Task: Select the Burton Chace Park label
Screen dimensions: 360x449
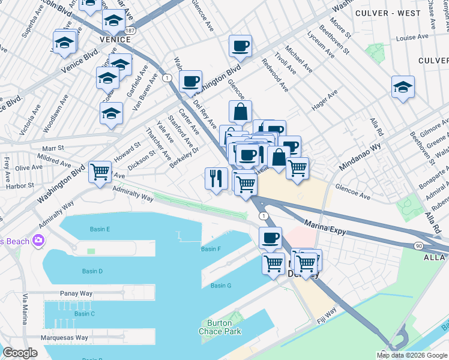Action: (219, 327)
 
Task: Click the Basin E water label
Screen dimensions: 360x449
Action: (100, 229)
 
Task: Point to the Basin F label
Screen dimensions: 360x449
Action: (211, 249)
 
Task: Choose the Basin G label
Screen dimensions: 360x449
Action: (220, 286)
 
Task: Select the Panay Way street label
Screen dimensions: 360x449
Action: (76, 293)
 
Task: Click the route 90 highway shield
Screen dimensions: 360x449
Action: (418, 246)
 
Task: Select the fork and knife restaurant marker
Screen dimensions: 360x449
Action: (215, 178)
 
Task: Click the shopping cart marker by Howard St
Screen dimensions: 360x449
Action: (100, 172)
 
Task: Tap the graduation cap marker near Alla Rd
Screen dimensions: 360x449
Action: (403, 87)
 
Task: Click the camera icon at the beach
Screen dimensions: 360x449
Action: (40, 241)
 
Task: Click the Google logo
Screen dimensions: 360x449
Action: (20, 352)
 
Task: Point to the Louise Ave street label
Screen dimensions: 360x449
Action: (412, 37)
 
